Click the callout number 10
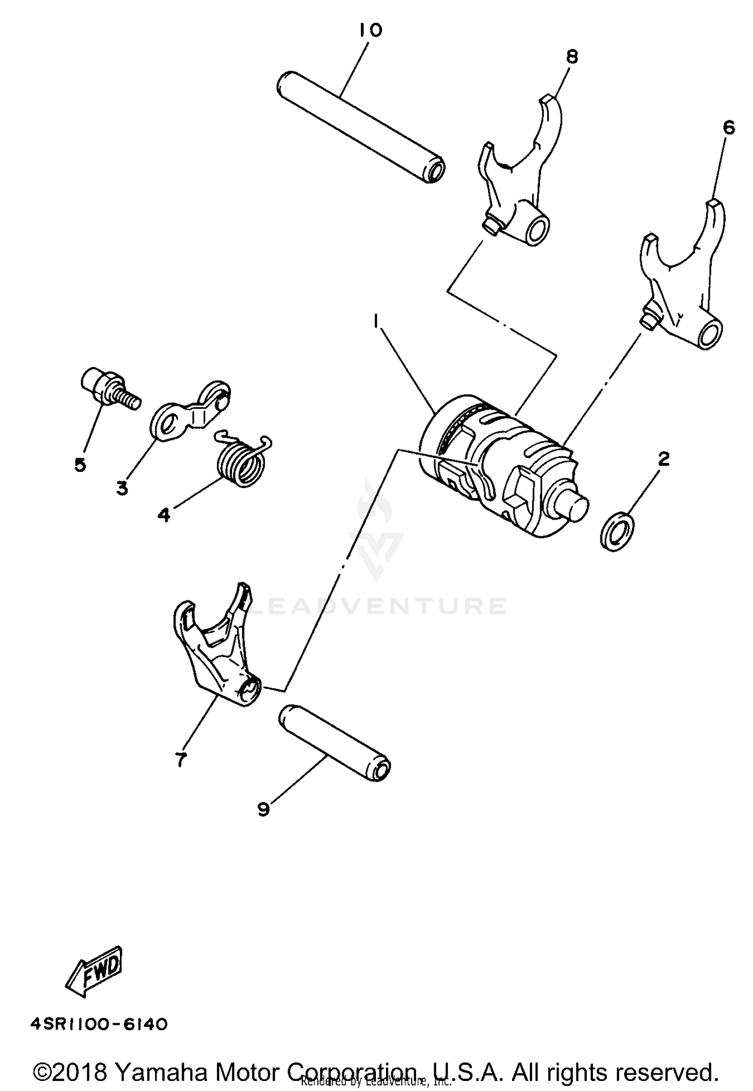370,30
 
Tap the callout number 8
571,56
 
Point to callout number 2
664,458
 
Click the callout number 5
80,464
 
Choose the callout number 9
263,809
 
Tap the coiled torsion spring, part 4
242,460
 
